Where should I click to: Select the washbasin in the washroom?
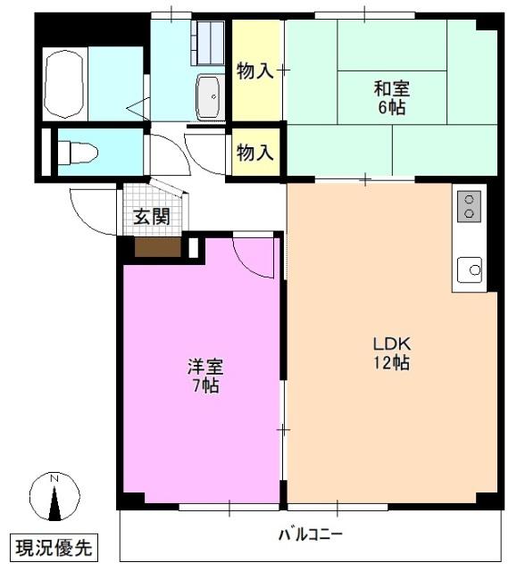(208, 95)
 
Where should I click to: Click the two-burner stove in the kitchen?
(470, 208)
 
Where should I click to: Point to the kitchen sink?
(470, 267)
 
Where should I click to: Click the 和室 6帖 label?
(391, 97)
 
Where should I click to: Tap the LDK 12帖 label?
(391, 353)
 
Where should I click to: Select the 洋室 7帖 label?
(204, 376)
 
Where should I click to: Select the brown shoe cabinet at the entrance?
(157, 246)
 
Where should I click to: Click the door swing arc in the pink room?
(254, 254)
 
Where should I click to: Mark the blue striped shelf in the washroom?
(211, 39)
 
